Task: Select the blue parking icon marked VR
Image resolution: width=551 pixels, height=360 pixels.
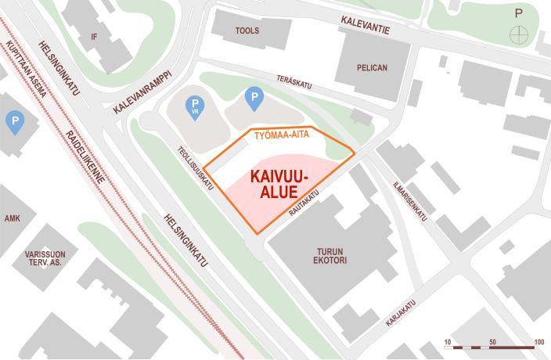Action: pyautogui.click(x=193, y=105)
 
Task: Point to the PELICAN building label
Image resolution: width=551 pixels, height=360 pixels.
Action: pyautogui.click(x=372, y=68)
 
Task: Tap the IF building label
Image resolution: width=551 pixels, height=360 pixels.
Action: pyautogui.click(x=95, y=36)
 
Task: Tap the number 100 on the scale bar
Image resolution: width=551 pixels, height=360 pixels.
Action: pyautogui.click(x=538, y=343)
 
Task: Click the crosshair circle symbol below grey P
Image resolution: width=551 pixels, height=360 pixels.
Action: pyautogui.click(x=517, y=34)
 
